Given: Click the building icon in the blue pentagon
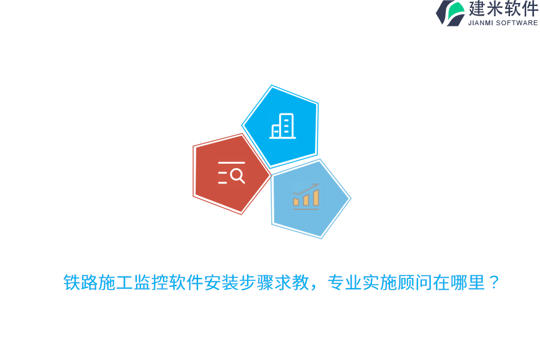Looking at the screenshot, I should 283,127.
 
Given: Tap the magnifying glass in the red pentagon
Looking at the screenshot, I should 238,175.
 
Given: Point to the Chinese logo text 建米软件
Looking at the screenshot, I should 503,9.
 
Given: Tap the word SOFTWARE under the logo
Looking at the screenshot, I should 517,23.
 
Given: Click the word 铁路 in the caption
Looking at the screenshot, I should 81,283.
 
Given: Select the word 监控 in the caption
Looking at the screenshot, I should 151,283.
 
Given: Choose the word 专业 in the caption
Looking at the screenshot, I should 344,283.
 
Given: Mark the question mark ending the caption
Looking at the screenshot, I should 494,283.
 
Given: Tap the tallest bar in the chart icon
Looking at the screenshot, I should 316,198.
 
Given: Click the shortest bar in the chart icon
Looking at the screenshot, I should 296,202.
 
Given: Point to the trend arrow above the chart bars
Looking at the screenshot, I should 306,189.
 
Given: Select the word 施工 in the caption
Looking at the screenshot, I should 116,283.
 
